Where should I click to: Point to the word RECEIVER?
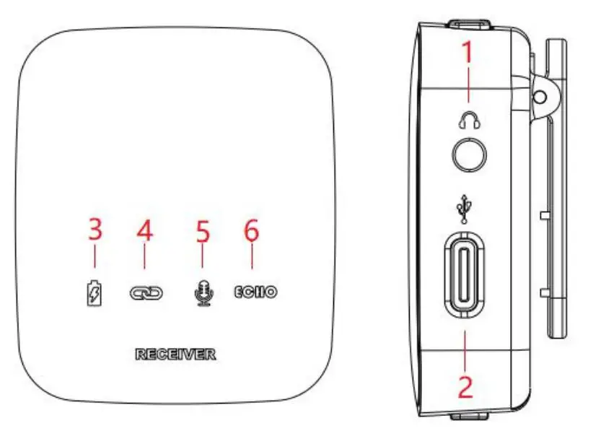(x=175, y=354)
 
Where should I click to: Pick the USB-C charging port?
(x=466, y=274)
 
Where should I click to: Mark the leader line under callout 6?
(x=252, y=262)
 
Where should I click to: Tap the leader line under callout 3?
(x=95, y=262)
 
